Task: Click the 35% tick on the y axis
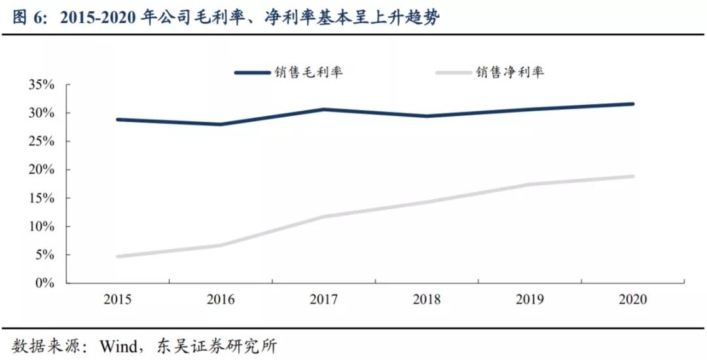(41, 85)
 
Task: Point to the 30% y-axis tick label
(41, 113)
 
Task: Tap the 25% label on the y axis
(41, 141)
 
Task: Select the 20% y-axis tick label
(41, 170)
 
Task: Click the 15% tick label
(41, 198)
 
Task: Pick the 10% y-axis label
(41, 226)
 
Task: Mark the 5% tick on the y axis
(44, 255)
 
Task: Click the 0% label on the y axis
(44, 283)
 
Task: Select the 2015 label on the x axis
(118, 300)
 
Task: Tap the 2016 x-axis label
(221, 300)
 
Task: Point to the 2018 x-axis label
(427, 300)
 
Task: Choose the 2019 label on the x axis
(530, 300)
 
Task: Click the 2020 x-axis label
(632, 300)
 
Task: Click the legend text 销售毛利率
(308, 73)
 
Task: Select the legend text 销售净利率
(510, 73)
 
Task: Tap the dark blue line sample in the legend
(252, 73)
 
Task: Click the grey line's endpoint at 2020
(633, 176)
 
